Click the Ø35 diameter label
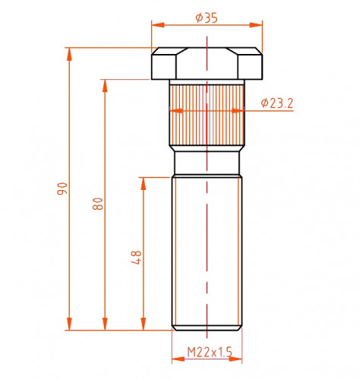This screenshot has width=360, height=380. pos(207,17)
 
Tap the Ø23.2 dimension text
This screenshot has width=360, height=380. pos(277,103)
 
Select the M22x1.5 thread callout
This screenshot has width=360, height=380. pos(210,352)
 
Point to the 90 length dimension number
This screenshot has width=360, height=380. pos(62,188)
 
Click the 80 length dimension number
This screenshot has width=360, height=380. pos(98,204)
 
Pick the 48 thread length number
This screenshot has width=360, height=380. pos(136,258)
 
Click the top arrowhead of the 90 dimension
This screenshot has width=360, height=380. pos(69,54)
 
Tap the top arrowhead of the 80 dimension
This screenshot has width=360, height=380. pos(105,86)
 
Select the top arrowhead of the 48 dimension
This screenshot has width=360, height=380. pos(144,183)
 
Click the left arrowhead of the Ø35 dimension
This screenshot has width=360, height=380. pos(158,25)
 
